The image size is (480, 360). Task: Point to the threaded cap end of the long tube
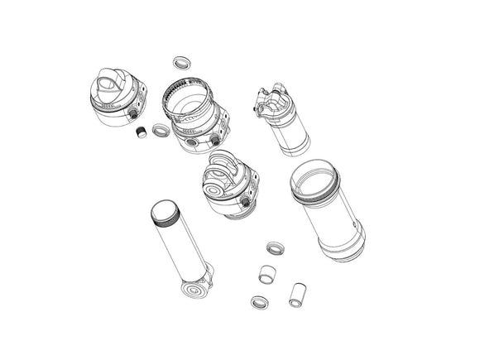[x=164, y=215]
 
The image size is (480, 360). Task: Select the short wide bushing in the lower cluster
[x=266, y=274]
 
